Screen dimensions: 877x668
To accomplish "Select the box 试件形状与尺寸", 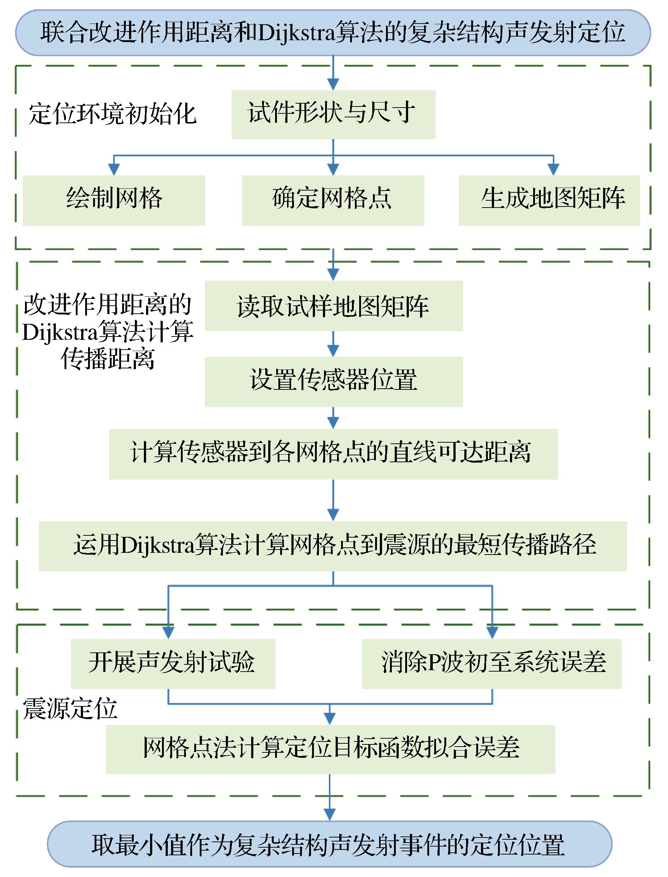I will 333,114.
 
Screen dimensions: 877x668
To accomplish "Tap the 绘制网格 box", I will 114,200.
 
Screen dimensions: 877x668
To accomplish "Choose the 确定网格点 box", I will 333,200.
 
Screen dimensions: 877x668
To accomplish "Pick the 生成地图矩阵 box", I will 549,200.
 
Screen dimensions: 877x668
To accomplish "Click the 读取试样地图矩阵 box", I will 333,306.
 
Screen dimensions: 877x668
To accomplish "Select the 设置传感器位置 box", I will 333,381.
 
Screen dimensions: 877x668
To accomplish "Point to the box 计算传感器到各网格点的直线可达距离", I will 333,454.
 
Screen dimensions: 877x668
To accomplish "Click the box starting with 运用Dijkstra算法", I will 332,546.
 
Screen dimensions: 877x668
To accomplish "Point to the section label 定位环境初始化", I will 112,114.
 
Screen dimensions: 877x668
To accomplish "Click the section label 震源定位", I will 70,709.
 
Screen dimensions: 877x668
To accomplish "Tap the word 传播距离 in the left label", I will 107,360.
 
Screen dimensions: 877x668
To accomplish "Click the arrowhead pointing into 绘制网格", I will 114,170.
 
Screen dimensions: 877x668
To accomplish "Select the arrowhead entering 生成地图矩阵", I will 553,170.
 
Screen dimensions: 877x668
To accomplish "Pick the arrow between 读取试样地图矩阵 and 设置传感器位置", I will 333,344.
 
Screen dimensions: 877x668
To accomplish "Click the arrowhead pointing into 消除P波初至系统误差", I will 492,632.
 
